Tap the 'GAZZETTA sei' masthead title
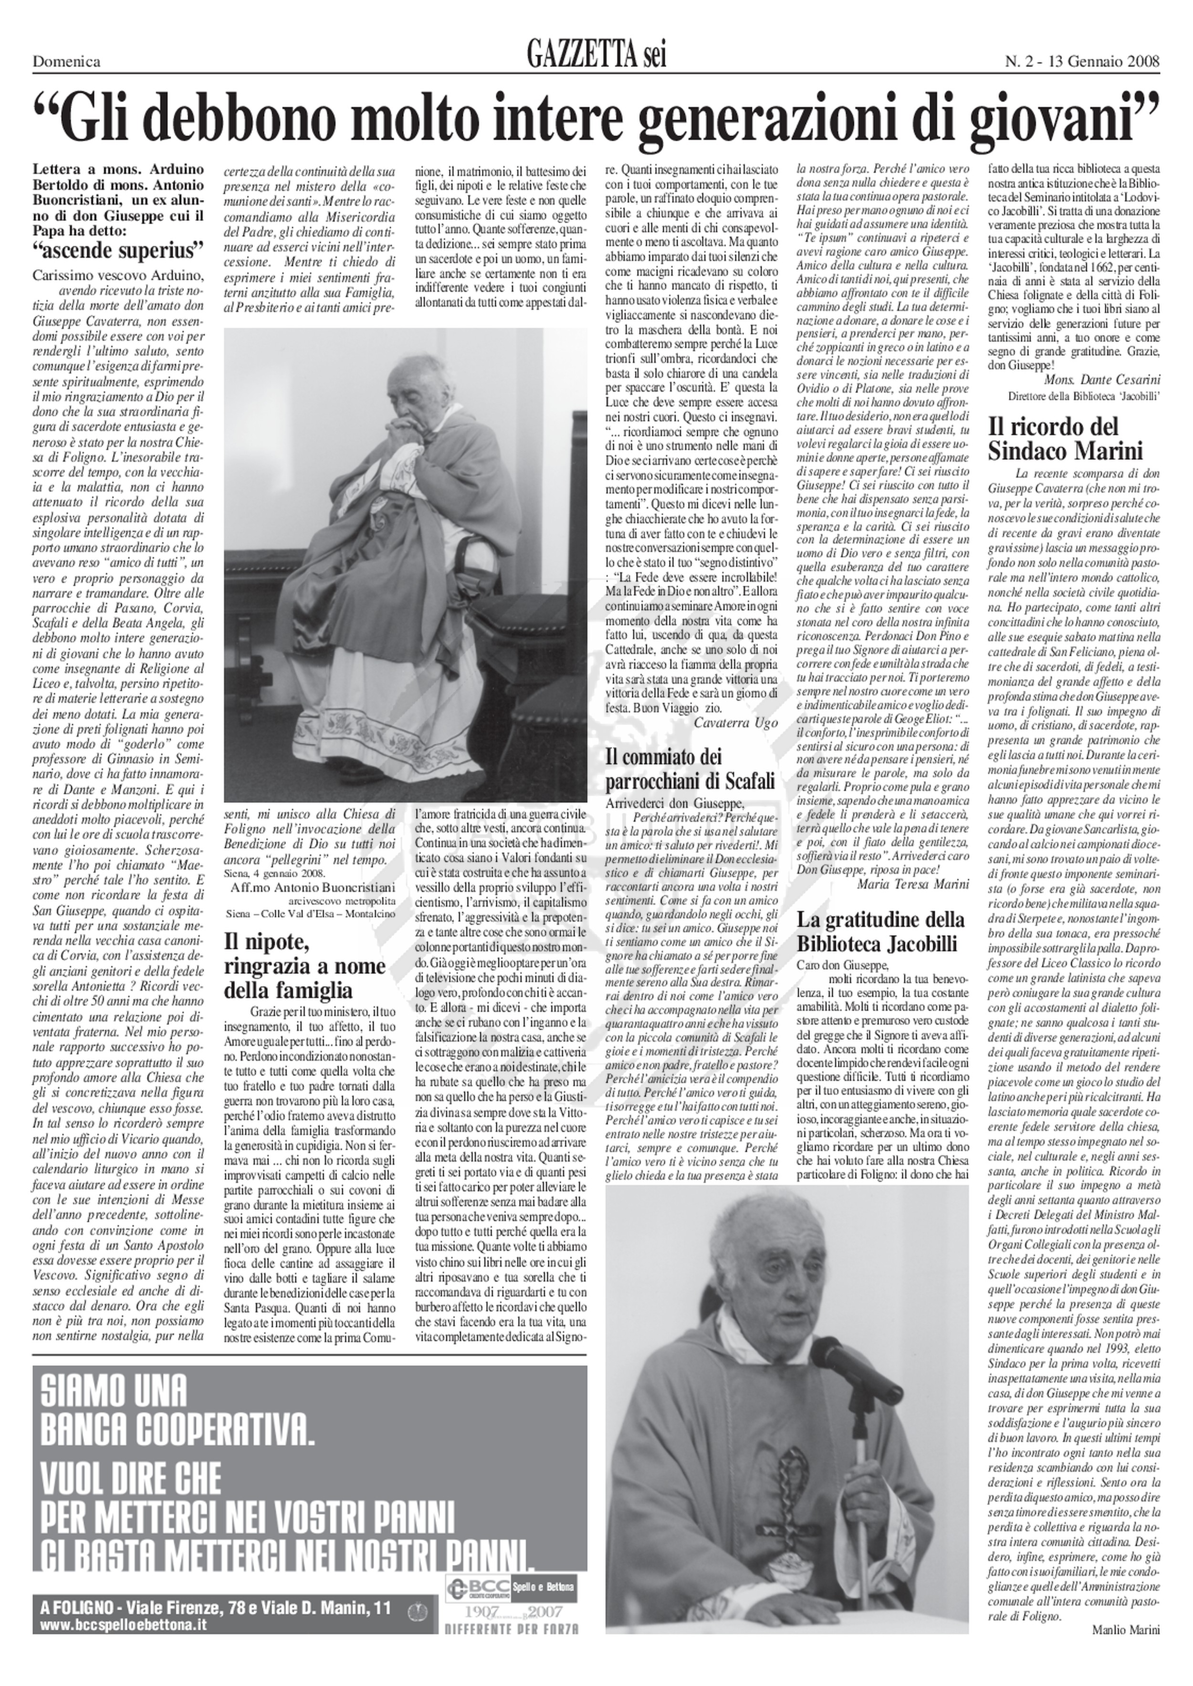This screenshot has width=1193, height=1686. coord(596,55)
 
